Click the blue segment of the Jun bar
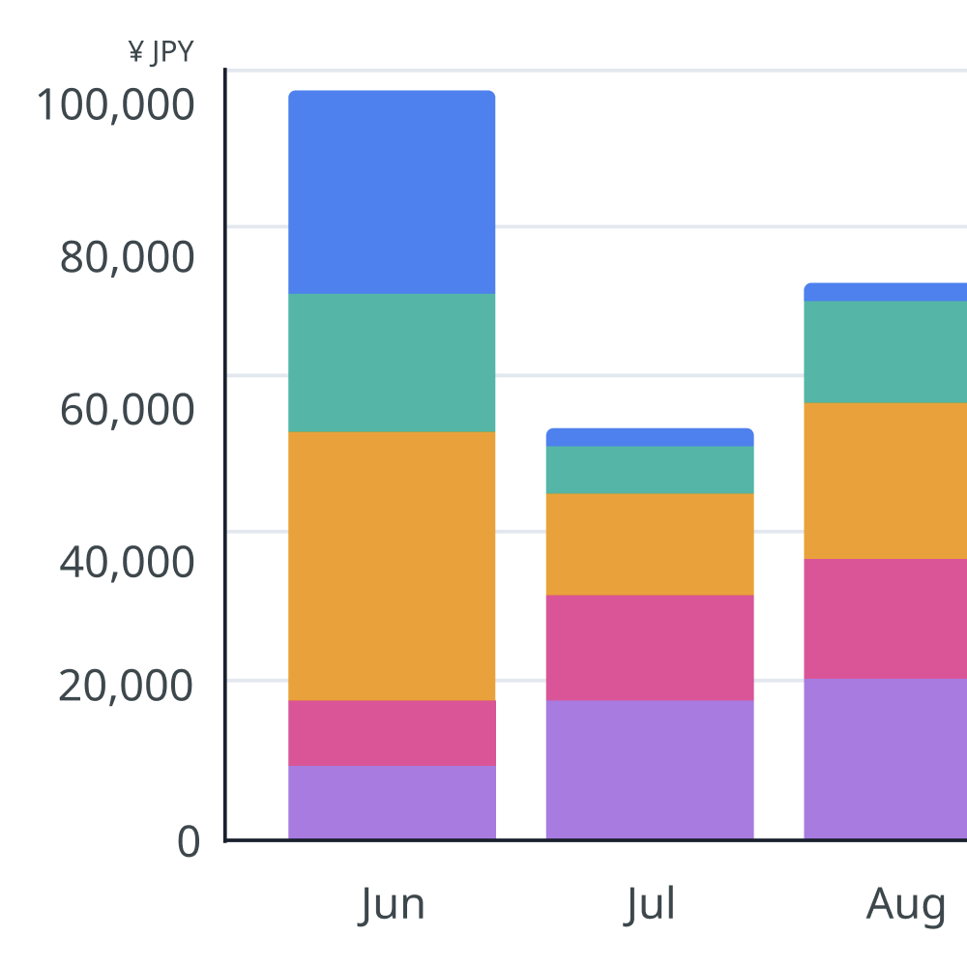pos(392,192)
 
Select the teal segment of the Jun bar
pos(392,363)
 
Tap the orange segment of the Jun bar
pos(392,566)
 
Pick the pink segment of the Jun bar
pos(392,733)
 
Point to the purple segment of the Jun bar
pos(392,803)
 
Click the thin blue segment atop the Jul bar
pos(650,437)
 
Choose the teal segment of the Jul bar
pos(650,470)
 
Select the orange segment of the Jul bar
pos(650,544)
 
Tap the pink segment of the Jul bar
pos(650,648)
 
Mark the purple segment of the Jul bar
pos(650,770)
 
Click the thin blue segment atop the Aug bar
pos(886,292)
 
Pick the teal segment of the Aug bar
pos(886,352)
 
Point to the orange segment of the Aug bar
pos(886,481)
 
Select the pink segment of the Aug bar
pos(886,619)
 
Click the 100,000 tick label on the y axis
pos(116,104)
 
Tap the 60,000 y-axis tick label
pos(127,409)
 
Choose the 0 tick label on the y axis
pos(189,841)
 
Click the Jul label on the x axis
pos(650,905)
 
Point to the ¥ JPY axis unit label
pos(161,52)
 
